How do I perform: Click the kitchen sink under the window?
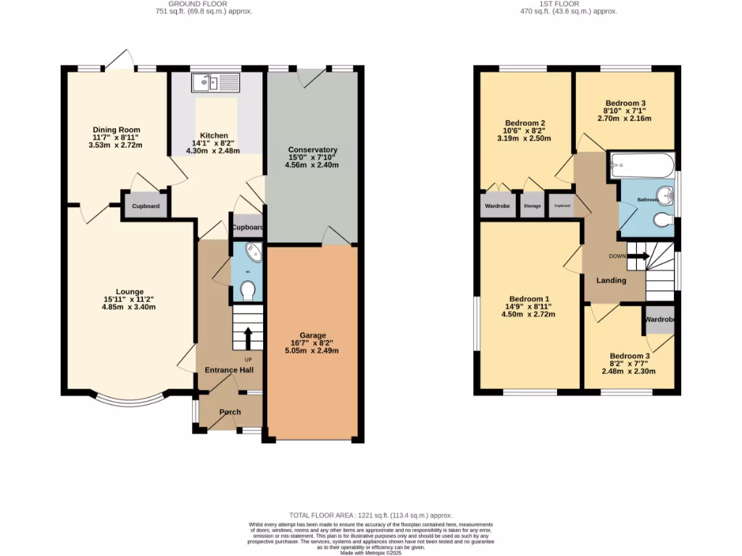215,83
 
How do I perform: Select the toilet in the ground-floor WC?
248,290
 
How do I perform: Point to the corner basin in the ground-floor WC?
254,253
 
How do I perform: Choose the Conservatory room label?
312,150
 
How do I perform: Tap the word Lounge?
128,292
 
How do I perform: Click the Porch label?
230,412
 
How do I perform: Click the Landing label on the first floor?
611,280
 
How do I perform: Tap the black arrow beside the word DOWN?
638,256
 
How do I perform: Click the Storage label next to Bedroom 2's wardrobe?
532,206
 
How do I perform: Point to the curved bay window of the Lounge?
128,399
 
